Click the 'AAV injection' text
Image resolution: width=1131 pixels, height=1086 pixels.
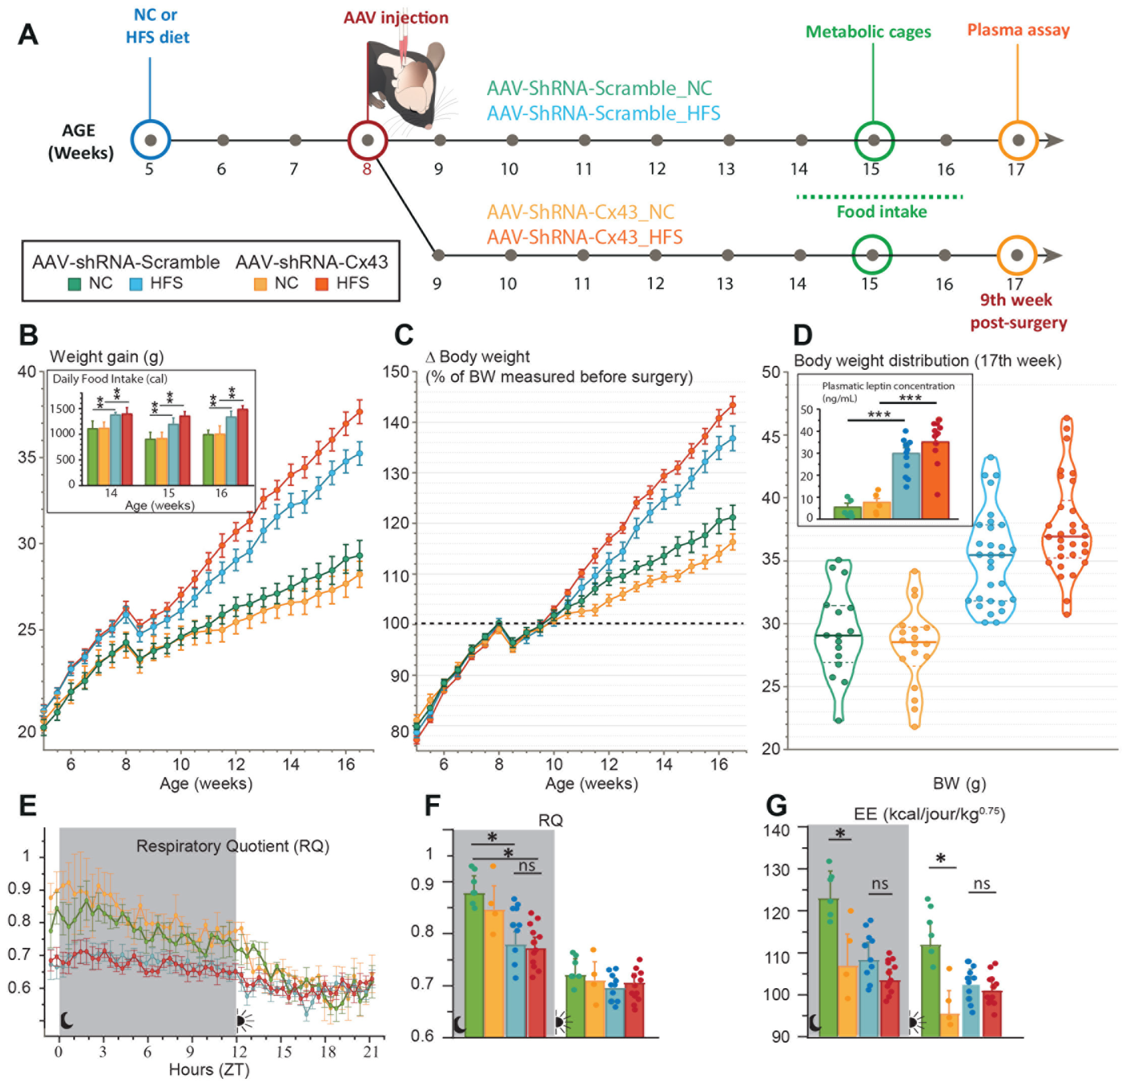(x=396, y=18)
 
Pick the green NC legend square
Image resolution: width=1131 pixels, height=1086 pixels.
(x=74, y=284)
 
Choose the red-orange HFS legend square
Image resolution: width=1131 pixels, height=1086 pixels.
(x=322, y=284)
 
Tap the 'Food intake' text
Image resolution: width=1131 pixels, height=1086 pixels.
(x=882, y=212)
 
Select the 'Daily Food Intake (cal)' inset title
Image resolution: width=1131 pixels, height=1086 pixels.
(x=110, y=379)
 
